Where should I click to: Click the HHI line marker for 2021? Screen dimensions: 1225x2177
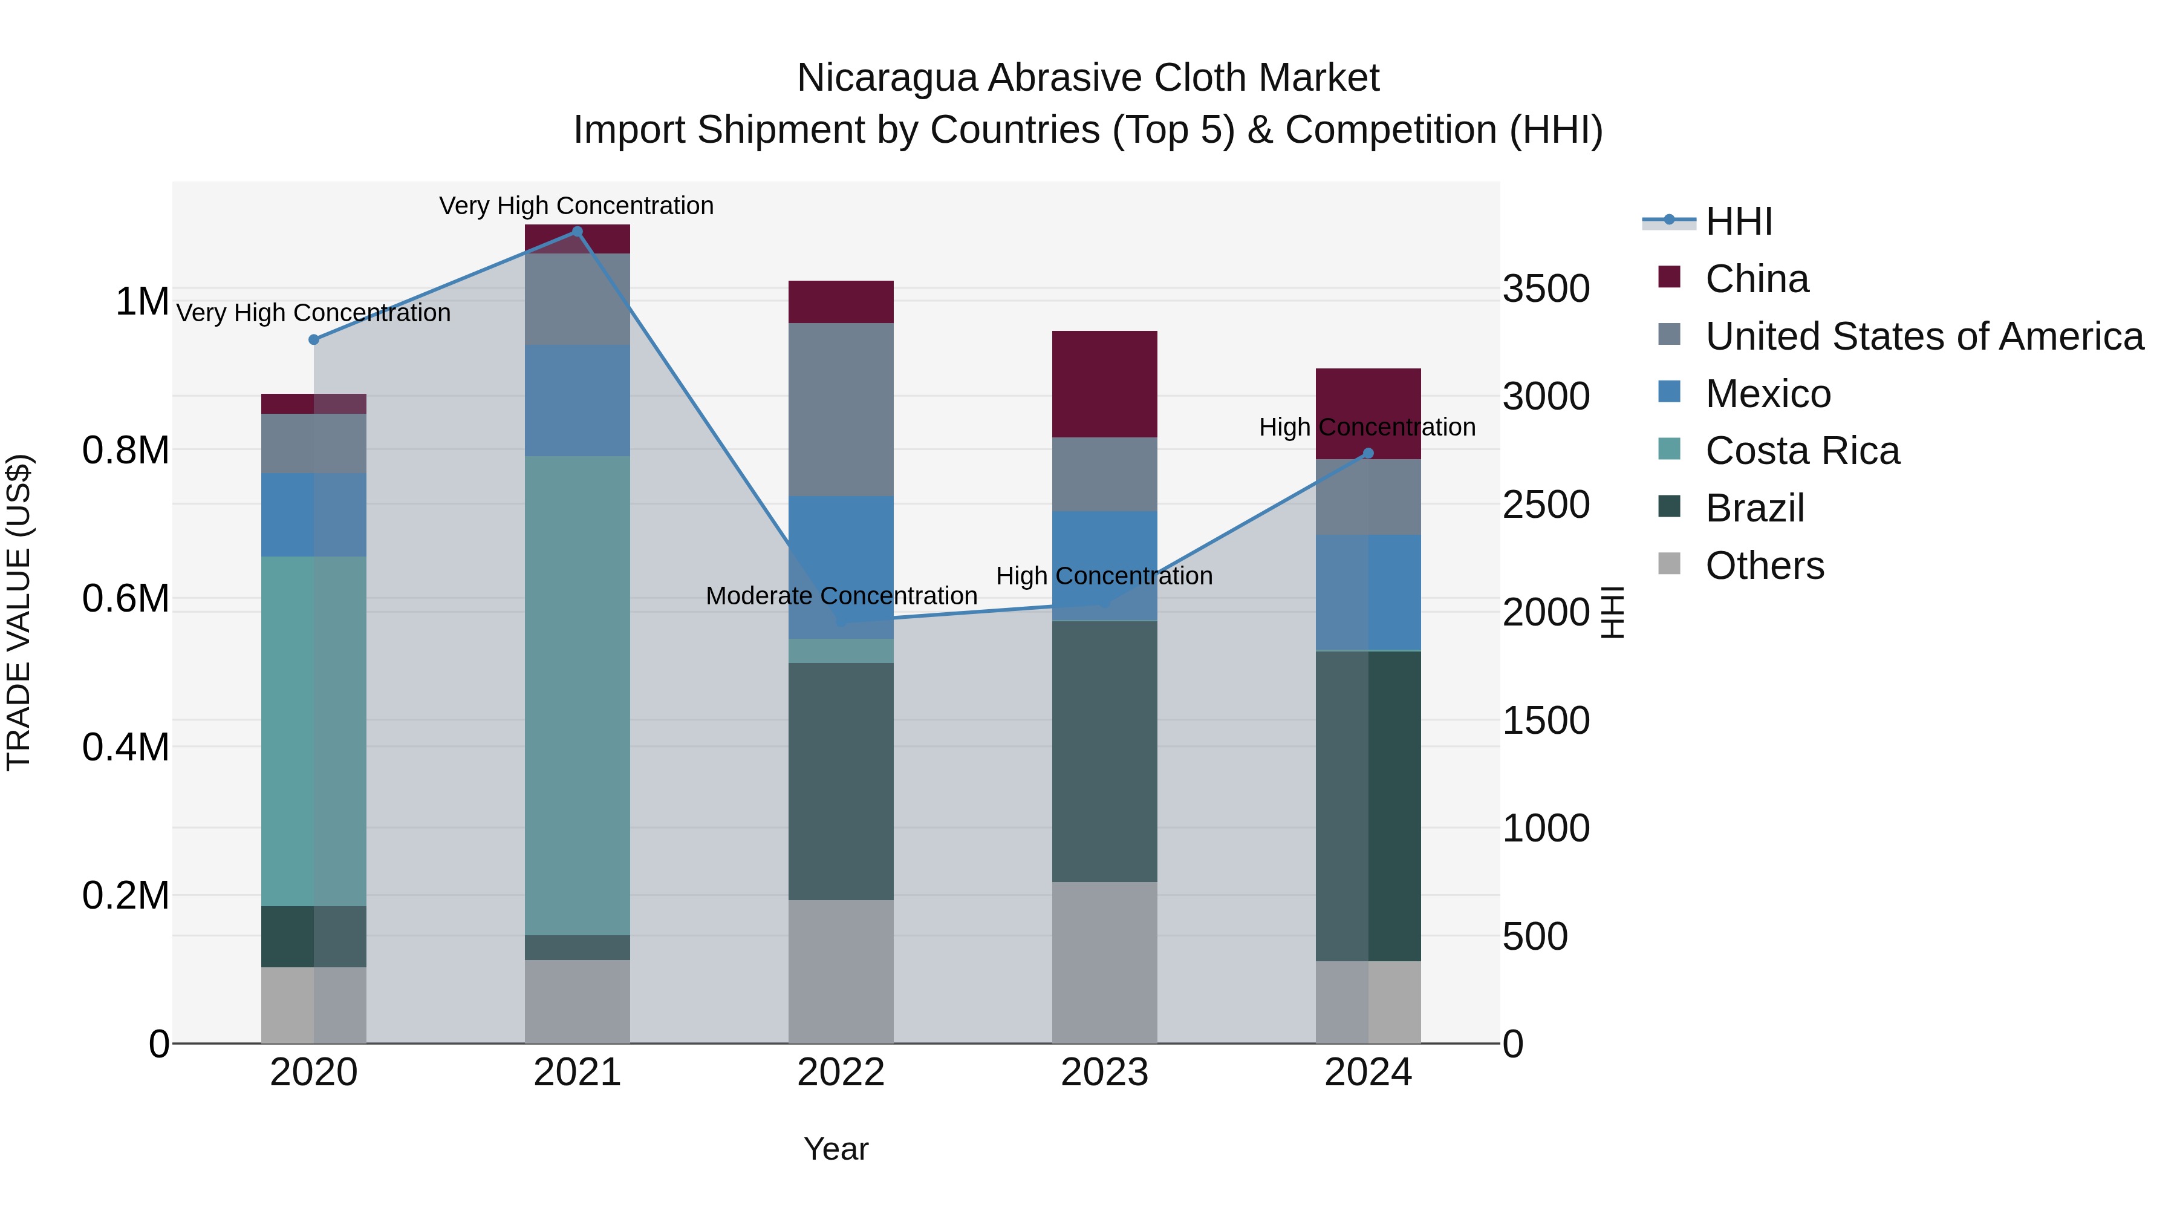click(578, 232)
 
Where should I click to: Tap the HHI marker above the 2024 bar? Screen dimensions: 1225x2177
click(1368, 454)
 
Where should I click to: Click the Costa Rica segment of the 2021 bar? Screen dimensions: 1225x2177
click(578, 695)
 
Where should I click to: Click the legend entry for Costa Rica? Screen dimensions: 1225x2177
click(1802, 451)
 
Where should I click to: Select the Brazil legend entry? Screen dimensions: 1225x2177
click(1754, 508)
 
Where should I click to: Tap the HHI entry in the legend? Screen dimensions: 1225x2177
click(1739, 221)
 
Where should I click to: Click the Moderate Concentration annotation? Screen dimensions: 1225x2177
click(841, 596)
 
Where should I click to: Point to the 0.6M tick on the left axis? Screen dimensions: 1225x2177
click(125, 598)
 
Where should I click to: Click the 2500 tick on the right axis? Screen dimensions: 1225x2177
click(1546, 505)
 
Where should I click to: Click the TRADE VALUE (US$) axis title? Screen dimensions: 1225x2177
click(19, 612)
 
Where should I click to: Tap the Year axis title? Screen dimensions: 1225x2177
click(836, 1149)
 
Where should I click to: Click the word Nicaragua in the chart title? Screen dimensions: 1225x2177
click(887, 79)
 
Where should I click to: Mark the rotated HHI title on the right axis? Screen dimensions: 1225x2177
click(1612, 612)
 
